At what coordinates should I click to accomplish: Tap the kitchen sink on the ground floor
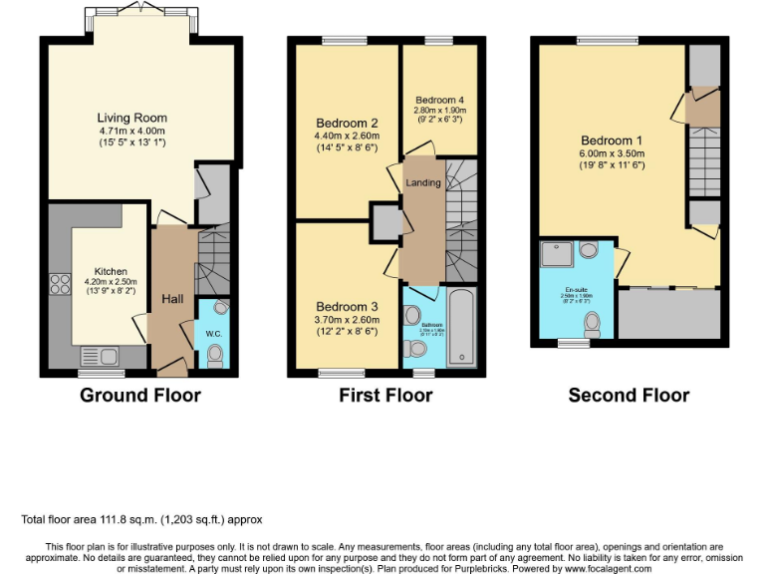tap(100, 355)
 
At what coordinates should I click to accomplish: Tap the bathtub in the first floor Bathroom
tap(461, 328)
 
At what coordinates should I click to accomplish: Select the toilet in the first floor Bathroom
tap(416, 350)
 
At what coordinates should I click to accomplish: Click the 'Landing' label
tap(422, 182)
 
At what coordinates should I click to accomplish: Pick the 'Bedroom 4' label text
tap(439, 101)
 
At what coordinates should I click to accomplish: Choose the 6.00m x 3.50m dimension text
tap(614, 153)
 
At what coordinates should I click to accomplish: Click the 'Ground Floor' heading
tap(140, 396)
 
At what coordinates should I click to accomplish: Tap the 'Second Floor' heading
tap(629, 396)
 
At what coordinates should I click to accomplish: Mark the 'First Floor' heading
tap(385, 396)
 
